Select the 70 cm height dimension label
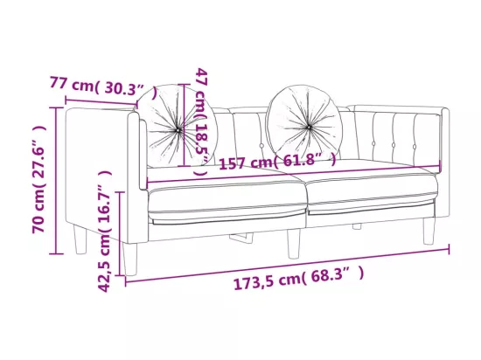click(39, 179)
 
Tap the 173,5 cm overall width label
click(299, 278)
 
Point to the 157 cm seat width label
click(277, 162)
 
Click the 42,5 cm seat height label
click(104, 232)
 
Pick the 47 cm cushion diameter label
click(203, 121)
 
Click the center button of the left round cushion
click(178, 130)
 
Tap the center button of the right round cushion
click(309, 127)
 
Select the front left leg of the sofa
click(129, 259)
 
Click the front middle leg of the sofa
click(294, 245)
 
